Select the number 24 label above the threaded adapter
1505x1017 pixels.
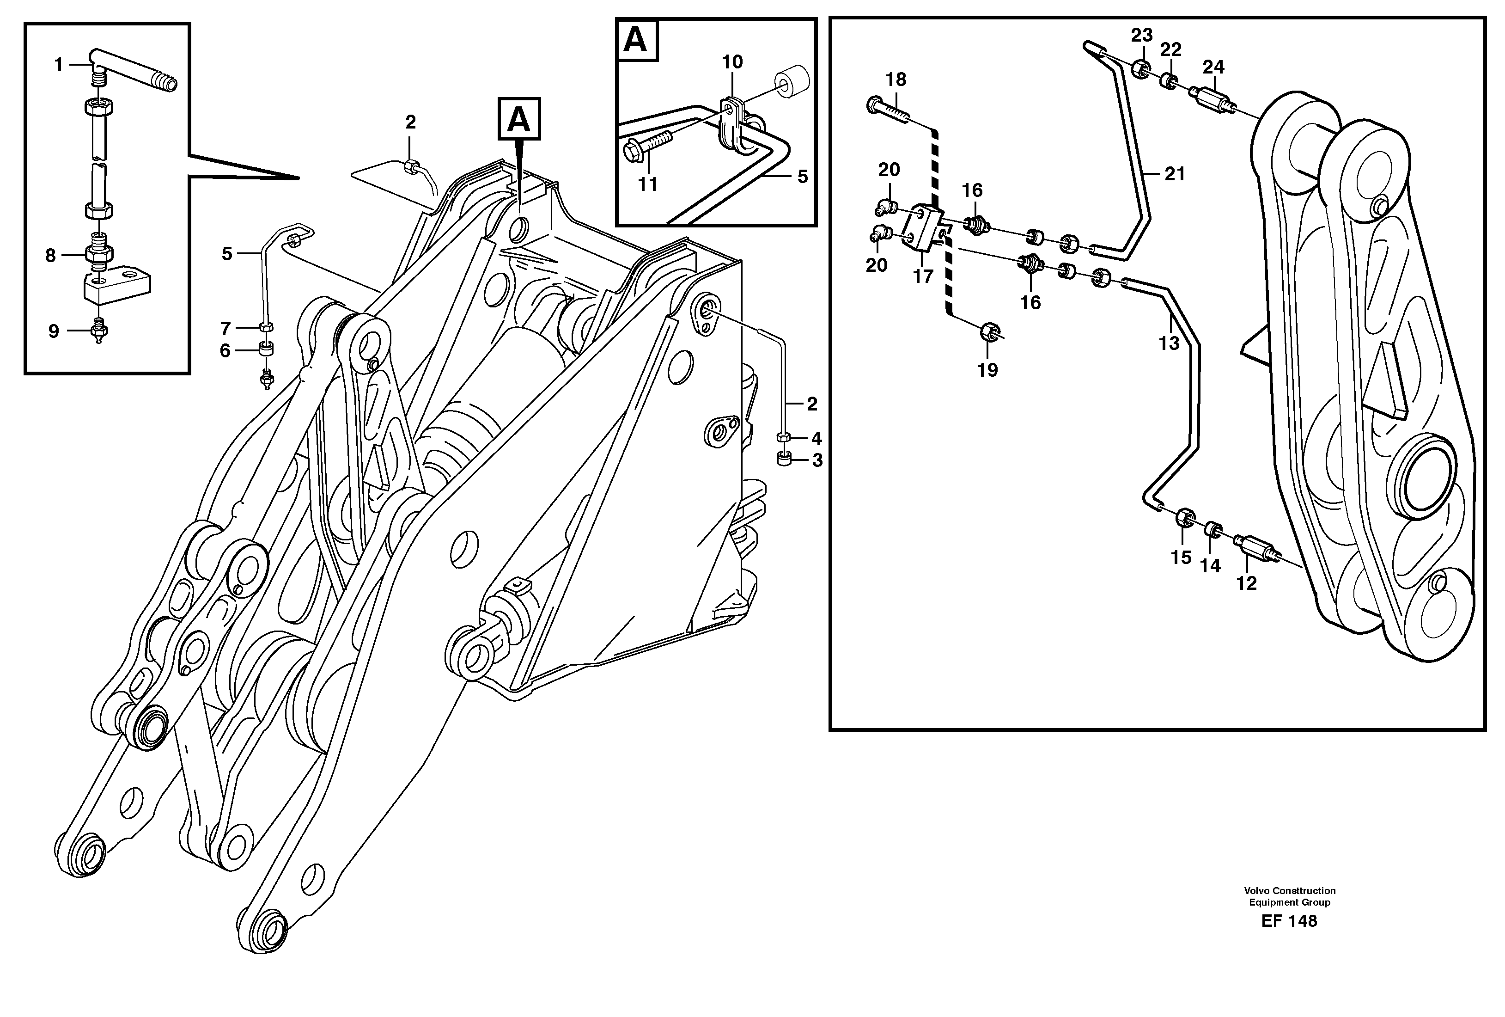[1213, 67]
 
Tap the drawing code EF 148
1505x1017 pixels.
[1289, 921]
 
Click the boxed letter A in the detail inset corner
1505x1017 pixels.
[635, 40]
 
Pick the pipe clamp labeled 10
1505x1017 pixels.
[732, 123]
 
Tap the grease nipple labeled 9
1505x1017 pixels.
[98, 333]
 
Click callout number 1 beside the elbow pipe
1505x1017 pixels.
[58, 65]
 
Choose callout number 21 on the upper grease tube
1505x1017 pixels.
[1175, 174]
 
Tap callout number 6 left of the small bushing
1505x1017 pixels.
[225, 350]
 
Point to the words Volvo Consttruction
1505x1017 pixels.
[1289, 891]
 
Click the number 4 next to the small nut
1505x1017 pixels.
[816, 439]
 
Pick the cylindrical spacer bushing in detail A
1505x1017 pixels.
[792, 80]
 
